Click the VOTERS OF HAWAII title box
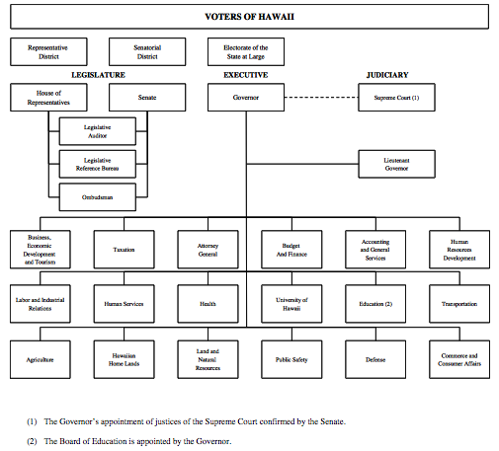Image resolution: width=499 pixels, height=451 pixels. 249,17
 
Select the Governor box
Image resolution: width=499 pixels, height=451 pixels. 246,98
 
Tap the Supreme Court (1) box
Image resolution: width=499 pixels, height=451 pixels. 396,98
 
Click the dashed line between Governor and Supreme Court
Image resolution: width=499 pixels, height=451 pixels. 321,98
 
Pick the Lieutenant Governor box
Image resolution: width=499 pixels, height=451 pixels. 396,164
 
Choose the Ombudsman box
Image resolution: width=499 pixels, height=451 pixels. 98,197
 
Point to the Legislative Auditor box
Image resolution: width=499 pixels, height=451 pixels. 98,131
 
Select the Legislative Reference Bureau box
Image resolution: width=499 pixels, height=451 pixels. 98,164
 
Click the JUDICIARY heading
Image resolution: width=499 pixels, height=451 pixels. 387,75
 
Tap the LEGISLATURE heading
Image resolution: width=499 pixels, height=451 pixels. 98,75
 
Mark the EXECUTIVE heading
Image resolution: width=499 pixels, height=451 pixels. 246,75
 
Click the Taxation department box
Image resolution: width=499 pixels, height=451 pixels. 124,250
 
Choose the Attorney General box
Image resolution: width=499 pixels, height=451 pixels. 208,250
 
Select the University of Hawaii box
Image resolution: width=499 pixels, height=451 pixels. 291,304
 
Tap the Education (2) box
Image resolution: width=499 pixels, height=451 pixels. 375,304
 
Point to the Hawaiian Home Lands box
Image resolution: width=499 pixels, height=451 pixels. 124,359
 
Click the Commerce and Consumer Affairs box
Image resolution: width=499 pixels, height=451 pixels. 459,359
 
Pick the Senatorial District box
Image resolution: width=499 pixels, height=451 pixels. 147,51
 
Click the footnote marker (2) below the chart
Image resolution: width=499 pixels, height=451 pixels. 32,441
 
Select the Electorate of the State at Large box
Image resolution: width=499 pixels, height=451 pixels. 246,51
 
